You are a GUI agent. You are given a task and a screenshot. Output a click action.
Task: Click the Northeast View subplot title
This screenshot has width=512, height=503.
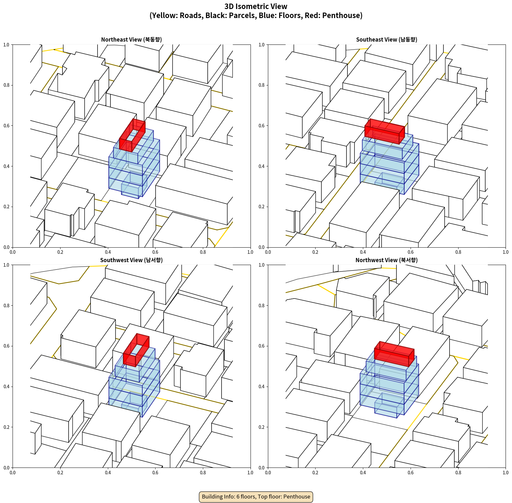[x=131, y=40]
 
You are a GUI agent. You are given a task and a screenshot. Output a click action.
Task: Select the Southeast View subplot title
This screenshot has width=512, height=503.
[x=386, y=40]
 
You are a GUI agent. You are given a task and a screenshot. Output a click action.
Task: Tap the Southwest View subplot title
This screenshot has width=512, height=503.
[x=131, y=260]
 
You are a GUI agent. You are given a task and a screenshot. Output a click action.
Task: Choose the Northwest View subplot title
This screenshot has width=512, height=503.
[x=386, y=260]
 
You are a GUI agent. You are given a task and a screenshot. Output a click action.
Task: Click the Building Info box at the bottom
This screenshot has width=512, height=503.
[x=256, y=497]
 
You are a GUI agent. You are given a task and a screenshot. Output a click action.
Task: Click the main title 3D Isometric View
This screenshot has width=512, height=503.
[x=256, y=6]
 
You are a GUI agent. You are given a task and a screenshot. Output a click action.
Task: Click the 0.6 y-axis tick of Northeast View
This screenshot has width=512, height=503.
[x=6, y=126]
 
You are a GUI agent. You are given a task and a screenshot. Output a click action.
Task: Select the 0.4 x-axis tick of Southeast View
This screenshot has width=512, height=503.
[x=363, y=252]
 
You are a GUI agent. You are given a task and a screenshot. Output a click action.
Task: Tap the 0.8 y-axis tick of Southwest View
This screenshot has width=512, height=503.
[x=6, y=305]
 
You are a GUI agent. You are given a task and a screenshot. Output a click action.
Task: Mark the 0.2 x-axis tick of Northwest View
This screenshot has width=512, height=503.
[x=315, y=473]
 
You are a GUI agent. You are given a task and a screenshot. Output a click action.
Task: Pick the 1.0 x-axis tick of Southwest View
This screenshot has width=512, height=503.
[x=250, y=473]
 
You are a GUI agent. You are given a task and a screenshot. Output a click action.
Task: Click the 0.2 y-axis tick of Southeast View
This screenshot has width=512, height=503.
[x=261, y=207]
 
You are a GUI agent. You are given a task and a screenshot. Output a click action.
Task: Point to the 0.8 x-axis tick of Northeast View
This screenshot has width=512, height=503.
[x=203, y=252]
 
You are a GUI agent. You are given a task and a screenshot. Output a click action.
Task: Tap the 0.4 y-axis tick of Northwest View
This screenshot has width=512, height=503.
[x=261, y=387]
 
